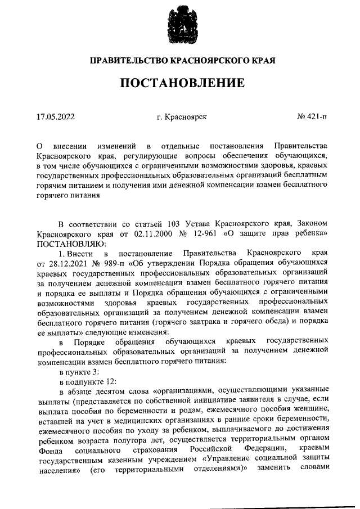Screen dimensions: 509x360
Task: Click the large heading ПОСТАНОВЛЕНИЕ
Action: tap(182, 83)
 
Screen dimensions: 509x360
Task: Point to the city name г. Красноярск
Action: tap(182, 117)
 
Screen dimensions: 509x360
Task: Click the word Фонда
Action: tap(48, 453)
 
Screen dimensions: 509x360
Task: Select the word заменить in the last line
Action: tap(272, 474)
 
